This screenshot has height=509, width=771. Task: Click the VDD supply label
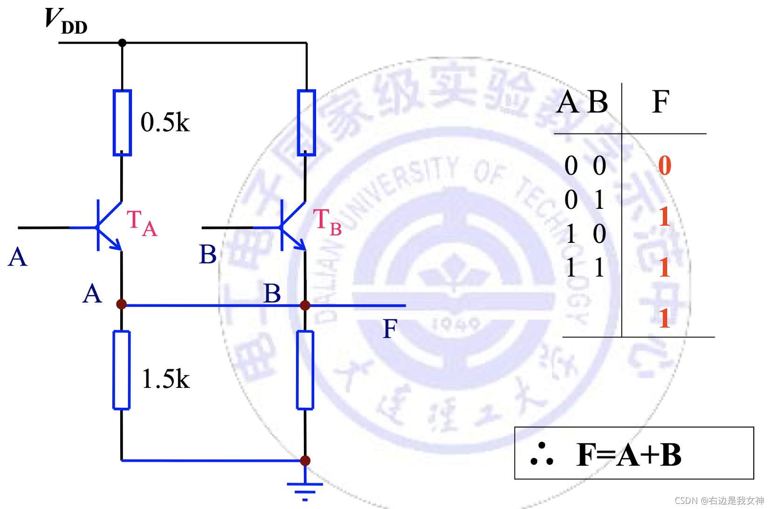(x=66, y=21)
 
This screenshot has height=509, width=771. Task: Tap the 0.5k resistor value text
(x=165, y=123)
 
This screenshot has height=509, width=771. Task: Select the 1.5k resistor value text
(x=165, y=378)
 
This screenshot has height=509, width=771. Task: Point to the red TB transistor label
(x=327, y=222)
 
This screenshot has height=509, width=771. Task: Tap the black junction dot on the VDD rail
(x=122, y=43)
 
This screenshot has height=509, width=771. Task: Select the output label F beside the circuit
(x=390, y=329)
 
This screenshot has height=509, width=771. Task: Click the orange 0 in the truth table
(x=665, y=165)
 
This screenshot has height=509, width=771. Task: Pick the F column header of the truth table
(x=661, y=102)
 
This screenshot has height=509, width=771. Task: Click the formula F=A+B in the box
(x=629, y=454)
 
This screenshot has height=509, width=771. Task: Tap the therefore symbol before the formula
(x=542, y=454)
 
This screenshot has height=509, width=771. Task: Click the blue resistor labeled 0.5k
(x=122, y=123)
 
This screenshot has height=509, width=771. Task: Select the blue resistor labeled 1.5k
(x=122, y=370)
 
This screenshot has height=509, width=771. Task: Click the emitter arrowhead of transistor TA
(x=117, y=244)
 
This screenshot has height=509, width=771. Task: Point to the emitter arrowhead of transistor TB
(x=301, y=244)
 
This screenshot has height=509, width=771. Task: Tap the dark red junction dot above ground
(x=305, y=461)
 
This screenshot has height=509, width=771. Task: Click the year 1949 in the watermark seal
(x=455, y=323)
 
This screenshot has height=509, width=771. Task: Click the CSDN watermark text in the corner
(x=719, y=501)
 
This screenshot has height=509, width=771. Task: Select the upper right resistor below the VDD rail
(x=306, y=123)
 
